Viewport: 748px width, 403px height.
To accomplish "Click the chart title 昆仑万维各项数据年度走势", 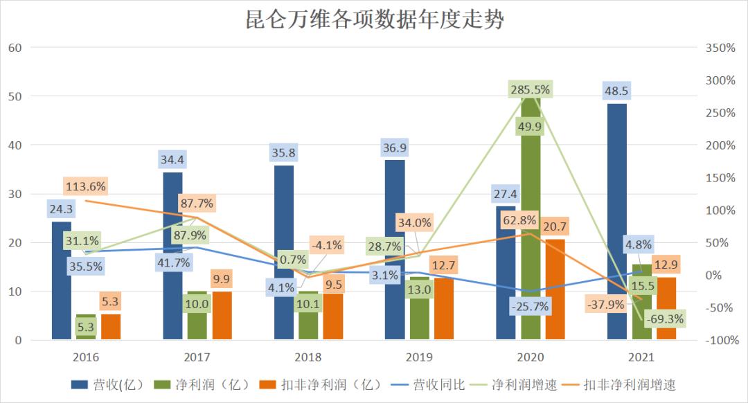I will pos(375,19).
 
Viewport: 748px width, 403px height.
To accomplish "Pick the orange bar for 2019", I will pos(444,309).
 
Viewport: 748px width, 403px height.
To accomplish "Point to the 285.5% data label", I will pos(531,89).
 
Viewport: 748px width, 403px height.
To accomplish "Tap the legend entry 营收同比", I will pos(429,384).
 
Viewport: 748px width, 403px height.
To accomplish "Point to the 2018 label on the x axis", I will pos(308,357).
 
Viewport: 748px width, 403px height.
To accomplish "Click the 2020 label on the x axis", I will pos(530,357).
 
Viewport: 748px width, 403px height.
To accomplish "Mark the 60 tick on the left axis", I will pos(16,48).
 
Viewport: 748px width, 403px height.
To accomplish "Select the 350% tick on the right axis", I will pos(720,48).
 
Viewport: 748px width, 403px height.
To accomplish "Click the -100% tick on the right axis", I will pos(720,341).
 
